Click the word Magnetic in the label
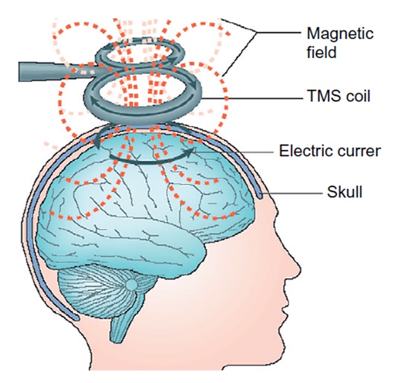(x=332, y=33)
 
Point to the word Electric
(x=301, y=151)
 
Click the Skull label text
(x=345, y=193)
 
